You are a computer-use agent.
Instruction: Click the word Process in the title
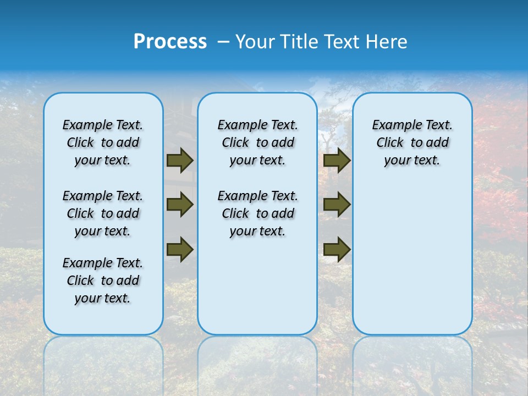coord(170,42)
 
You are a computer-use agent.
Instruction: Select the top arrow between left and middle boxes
coord(180,160)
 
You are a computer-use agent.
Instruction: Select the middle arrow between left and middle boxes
coord(180,205)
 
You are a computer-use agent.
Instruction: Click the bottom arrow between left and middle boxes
coord(180,249)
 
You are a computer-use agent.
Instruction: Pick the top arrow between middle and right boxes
coord(337,160)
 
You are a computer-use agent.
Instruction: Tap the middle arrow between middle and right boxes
coord(337,205)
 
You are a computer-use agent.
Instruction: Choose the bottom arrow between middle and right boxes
coord(337,249)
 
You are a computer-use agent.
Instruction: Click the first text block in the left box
coord(103,142)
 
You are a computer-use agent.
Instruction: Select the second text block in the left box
coord(103,213)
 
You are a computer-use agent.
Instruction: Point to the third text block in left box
coord(103,280)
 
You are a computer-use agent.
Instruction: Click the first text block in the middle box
coord(257,142)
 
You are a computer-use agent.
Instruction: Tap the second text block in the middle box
coord(257,213)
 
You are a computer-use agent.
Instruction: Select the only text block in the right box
coord(412,142)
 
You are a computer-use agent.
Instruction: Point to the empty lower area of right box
coord(412,258)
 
